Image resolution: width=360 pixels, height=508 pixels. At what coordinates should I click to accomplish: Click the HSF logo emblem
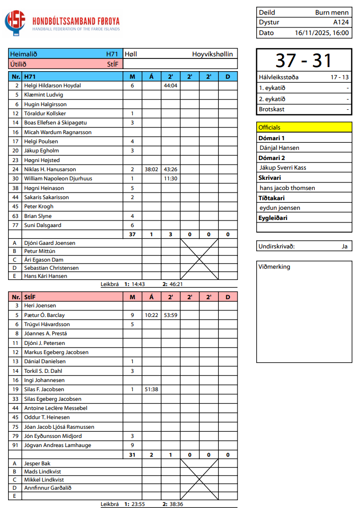point(15,23)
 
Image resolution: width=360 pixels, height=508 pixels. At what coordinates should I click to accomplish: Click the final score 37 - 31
point(304,60)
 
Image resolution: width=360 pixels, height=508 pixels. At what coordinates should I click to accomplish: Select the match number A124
point(341,22)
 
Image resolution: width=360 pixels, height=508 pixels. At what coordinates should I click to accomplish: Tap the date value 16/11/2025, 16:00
point(322,33)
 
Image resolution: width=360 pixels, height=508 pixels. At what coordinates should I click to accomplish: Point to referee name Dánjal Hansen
point(279,148)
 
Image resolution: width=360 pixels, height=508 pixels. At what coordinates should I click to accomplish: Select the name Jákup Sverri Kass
point(283,168)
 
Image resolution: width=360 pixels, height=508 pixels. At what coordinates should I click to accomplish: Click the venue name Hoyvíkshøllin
point(213,54)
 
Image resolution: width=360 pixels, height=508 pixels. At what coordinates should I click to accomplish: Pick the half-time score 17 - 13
point(340,77)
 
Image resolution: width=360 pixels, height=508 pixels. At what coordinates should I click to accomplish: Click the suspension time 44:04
point(170,86)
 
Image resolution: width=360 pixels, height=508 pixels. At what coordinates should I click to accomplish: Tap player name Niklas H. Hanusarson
point(50,169)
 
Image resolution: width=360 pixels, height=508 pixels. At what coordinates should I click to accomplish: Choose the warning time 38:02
point(151,169)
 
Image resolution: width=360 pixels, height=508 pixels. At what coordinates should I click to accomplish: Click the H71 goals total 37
point(132,234)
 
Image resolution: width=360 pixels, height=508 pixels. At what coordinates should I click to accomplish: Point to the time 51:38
point(151,389)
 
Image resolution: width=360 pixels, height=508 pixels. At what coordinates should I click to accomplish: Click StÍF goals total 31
point(132,455)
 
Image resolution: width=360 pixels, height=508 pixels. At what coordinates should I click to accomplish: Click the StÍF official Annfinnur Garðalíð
point(48,488)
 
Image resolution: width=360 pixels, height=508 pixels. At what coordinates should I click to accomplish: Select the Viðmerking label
point(274,267)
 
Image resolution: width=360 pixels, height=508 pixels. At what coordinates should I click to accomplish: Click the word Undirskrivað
point(277,246)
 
